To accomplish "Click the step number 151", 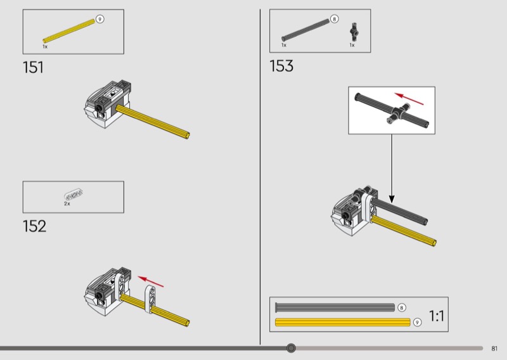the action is click(x=33, y=67).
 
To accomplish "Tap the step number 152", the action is click(x=34, y=226).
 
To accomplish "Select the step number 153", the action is click(x=281, y=66).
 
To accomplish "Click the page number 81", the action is click(x=494, y=349).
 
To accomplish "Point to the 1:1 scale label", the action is click(x=437, y=316).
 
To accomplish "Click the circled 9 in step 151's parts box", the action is click(x=100, y=19).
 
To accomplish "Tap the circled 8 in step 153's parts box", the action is click(x=335, y=19).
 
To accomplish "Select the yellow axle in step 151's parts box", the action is click(x=69, y=31).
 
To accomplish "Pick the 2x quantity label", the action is click(x=67, y=203).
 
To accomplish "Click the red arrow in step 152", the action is click(x=151, y=281).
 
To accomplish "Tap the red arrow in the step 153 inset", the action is click(x=409, y=99).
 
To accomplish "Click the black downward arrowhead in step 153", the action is click(x=392, y=199).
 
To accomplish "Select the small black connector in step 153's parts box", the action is click(x=354, y=32).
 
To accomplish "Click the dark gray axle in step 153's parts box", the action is click(x=305, y=30).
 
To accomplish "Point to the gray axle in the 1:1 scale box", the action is click(x=335, y=307).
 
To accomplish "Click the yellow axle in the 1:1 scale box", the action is click(x=342, y=322).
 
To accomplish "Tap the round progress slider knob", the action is click(x=291, y=348).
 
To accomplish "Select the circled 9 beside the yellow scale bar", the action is click(x=418, y=322).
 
